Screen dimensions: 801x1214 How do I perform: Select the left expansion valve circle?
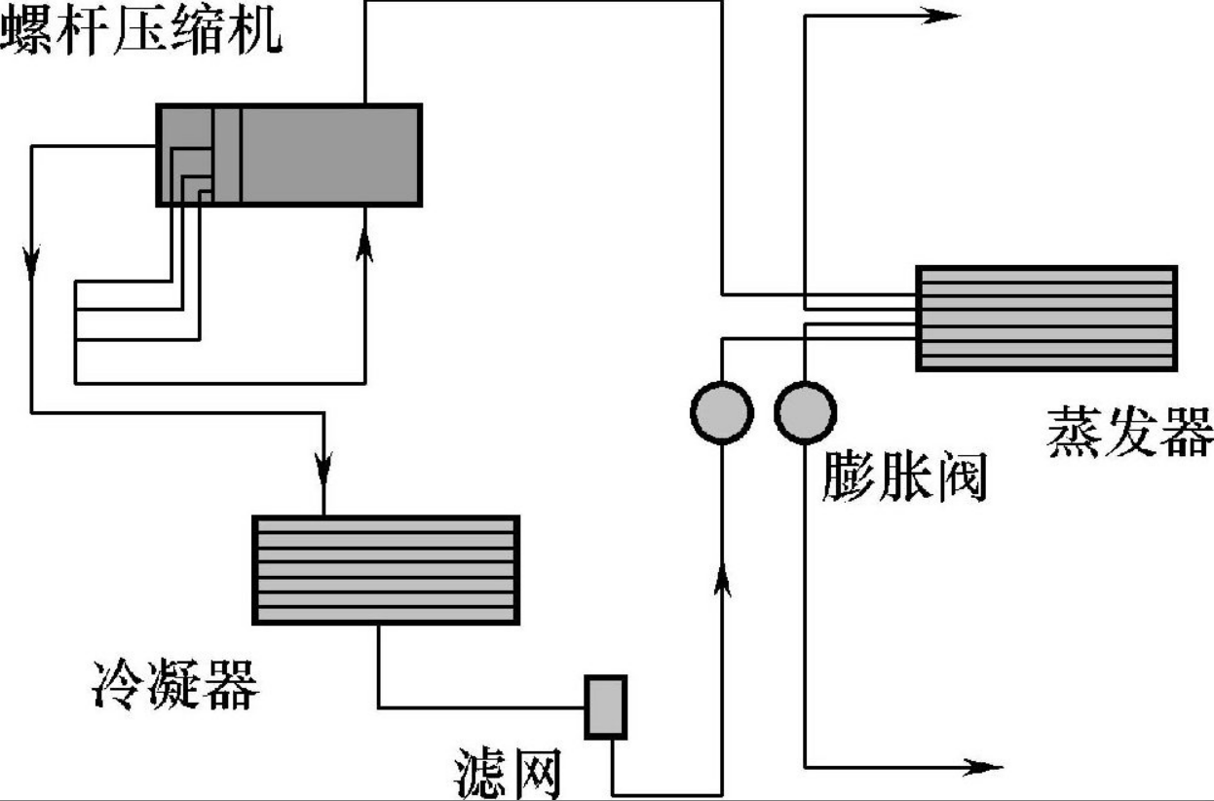point(722,413)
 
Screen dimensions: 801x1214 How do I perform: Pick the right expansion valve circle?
point(805,413)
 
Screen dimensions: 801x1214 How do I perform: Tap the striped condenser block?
point(386,570)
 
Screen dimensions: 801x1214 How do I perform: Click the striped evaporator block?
point(1046,318)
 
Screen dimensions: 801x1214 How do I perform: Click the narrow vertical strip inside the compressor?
point(226,155)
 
